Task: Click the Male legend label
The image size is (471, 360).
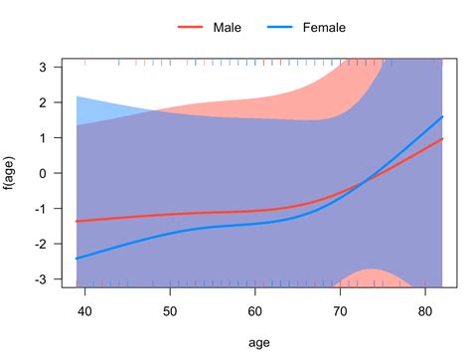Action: tap(228, 28)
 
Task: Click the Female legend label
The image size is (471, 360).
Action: tap(325, 28)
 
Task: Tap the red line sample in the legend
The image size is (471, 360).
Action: tap(189, 28)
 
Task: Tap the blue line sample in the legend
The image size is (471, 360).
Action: tap(280, 28)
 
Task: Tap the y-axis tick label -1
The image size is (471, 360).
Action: tap(42, 209)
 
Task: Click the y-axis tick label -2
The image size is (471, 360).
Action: tap(42, 245)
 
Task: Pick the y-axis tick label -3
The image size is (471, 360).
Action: tap(42, 279)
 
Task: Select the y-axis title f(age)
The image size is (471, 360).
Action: tap(12, 173)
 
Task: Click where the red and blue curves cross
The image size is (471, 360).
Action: tap(367, 179)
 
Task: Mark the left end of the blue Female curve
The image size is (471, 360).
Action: tap(78, 259)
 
